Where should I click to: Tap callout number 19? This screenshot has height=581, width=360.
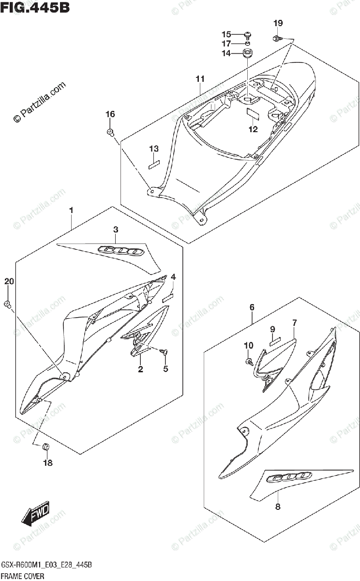pyautogui.click(x=278, y=23)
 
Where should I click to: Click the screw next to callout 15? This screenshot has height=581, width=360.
pyautogui.click(x=248, y=34)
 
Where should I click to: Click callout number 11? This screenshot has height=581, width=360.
pyautogui.click(x=200, y=79)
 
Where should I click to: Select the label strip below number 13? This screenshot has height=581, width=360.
pyautogui.click(x=154, y=163)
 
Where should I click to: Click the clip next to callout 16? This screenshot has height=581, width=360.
pyautogui.click(x=110, y=132)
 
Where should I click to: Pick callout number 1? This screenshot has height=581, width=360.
pyautogui.click(x=71, y=210)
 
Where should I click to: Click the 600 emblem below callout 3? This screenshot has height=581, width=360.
pyautogui.click(x=120, y=251)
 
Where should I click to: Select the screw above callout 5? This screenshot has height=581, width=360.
pyautogui.click(x=165, y=351)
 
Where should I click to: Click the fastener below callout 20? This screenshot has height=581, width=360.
pyautogui.click(x=8, y=304)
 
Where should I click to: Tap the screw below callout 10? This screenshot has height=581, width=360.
pyautogui.click(x=249, y=361)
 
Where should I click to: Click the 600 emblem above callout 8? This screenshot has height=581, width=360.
pyautogui.click(x=287, y=477)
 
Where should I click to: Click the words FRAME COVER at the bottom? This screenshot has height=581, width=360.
pyautogui.click(x=23, y=576)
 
